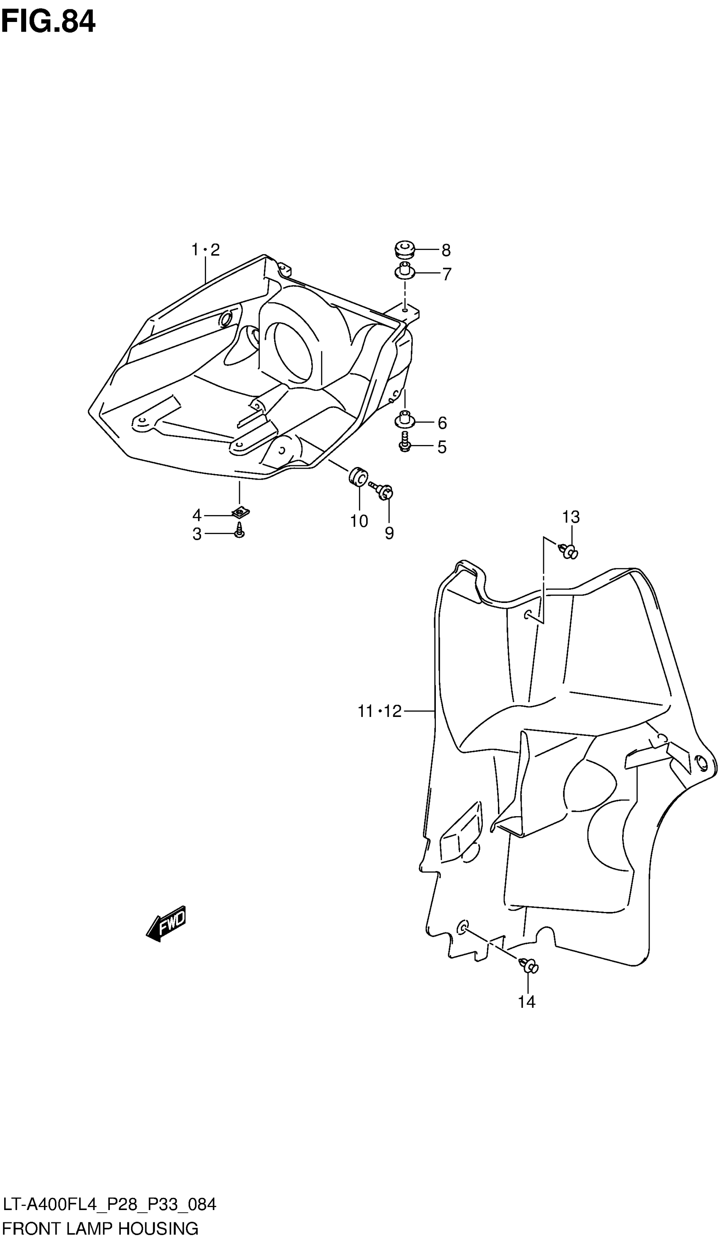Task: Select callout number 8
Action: tap(446, 250)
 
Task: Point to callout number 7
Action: tap(446, 274)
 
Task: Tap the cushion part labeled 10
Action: tap(358, 476)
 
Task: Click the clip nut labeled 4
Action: tap(241, 513)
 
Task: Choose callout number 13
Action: tap(571, 517)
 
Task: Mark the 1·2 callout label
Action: tap(205, 250)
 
